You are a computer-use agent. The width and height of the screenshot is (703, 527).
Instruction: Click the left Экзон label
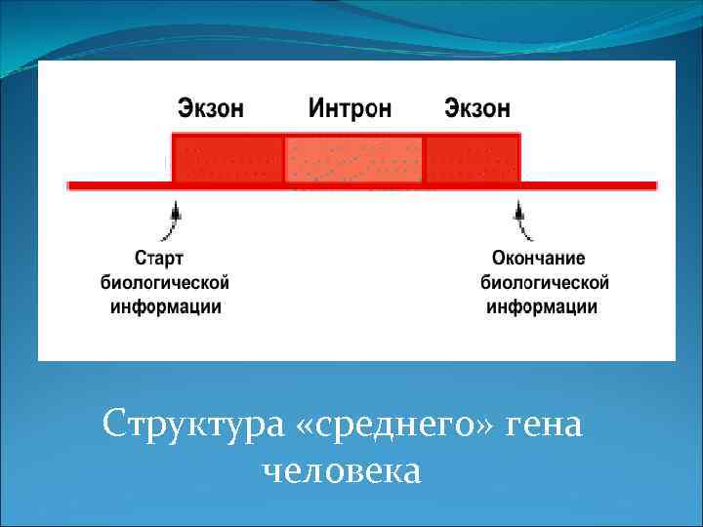pyautogui.click(x=210, y=107)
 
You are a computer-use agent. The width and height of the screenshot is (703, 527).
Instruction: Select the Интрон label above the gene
pyautogui.click(x=350, y=107)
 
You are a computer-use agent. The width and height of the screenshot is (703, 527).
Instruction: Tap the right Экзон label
pyautogui.click(x=477, y=107)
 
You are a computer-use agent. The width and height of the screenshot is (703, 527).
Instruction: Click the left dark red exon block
pyautogui.click(x=227, y=158)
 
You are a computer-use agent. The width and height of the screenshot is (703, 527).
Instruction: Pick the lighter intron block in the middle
pyautogui.click(x=353, y=159)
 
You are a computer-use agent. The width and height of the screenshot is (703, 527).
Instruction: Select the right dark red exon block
pyautogui.click(x=473, y=158)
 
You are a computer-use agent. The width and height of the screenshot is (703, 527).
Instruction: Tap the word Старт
pyautogui.click(x=159, y=259)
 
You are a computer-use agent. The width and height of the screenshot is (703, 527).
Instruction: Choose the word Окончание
pyautogui.click(x=538, y=259)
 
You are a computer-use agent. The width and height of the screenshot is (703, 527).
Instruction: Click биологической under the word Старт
pyautogui.click(x=165, y=283)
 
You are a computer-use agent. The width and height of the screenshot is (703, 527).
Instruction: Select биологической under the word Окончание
pyautogui.click(x=545, y=283)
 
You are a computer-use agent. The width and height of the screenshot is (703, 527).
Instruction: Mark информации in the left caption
pyautogui.click(x=165, y=306)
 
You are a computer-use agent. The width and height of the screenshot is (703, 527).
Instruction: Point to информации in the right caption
pyautogui.click(x=543, y=306)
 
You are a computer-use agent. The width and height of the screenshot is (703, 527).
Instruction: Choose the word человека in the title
pyautogui.click(x=342, y=471)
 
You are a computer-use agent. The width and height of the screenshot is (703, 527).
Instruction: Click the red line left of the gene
pyautogui.click(x=117, y=184)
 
